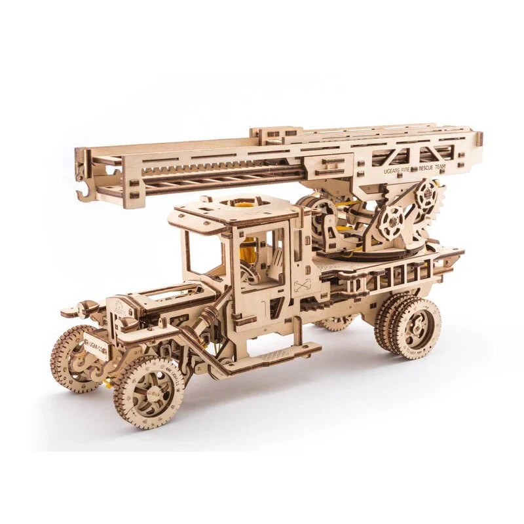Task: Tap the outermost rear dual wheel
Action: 415,327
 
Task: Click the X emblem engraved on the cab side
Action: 302,284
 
